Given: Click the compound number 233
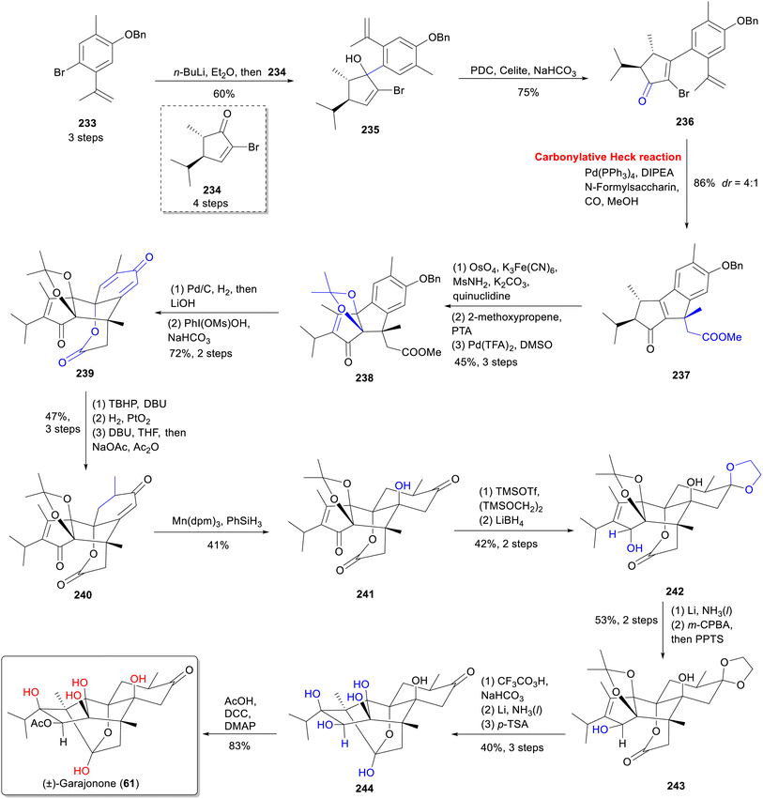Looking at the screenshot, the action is tap(87, 123).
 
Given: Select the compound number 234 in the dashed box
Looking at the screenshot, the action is tap(212, 190).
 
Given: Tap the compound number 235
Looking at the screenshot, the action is tap(371, 130).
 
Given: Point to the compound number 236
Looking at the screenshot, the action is tap(684, 121).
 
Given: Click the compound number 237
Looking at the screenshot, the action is tap(681, 375).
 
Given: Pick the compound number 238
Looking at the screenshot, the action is tap(364, 377).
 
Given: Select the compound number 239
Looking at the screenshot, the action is tap(84, 373).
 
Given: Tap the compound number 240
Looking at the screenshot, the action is tap(83, 594).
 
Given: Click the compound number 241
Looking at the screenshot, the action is tap(365, 593).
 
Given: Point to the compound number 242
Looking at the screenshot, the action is tap(675, 592).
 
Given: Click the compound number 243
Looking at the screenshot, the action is tap(676, 786).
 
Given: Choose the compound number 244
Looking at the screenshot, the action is tap(364, 789).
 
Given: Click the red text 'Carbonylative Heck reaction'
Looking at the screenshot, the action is tap(607, 157).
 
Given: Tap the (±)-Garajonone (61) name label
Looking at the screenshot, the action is tap(91, 783).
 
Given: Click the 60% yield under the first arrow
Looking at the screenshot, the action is tap(223, 94).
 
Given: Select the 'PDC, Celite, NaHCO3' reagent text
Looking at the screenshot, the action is tap(523, 70).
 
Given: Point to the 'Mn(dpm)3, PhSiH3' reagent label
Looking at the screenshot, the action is tap(218, 522).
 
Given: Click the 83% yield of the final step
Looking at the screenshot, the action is tap(239, 745).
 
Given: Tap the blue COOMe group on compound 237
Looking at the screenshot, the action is tap(722, 337).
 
